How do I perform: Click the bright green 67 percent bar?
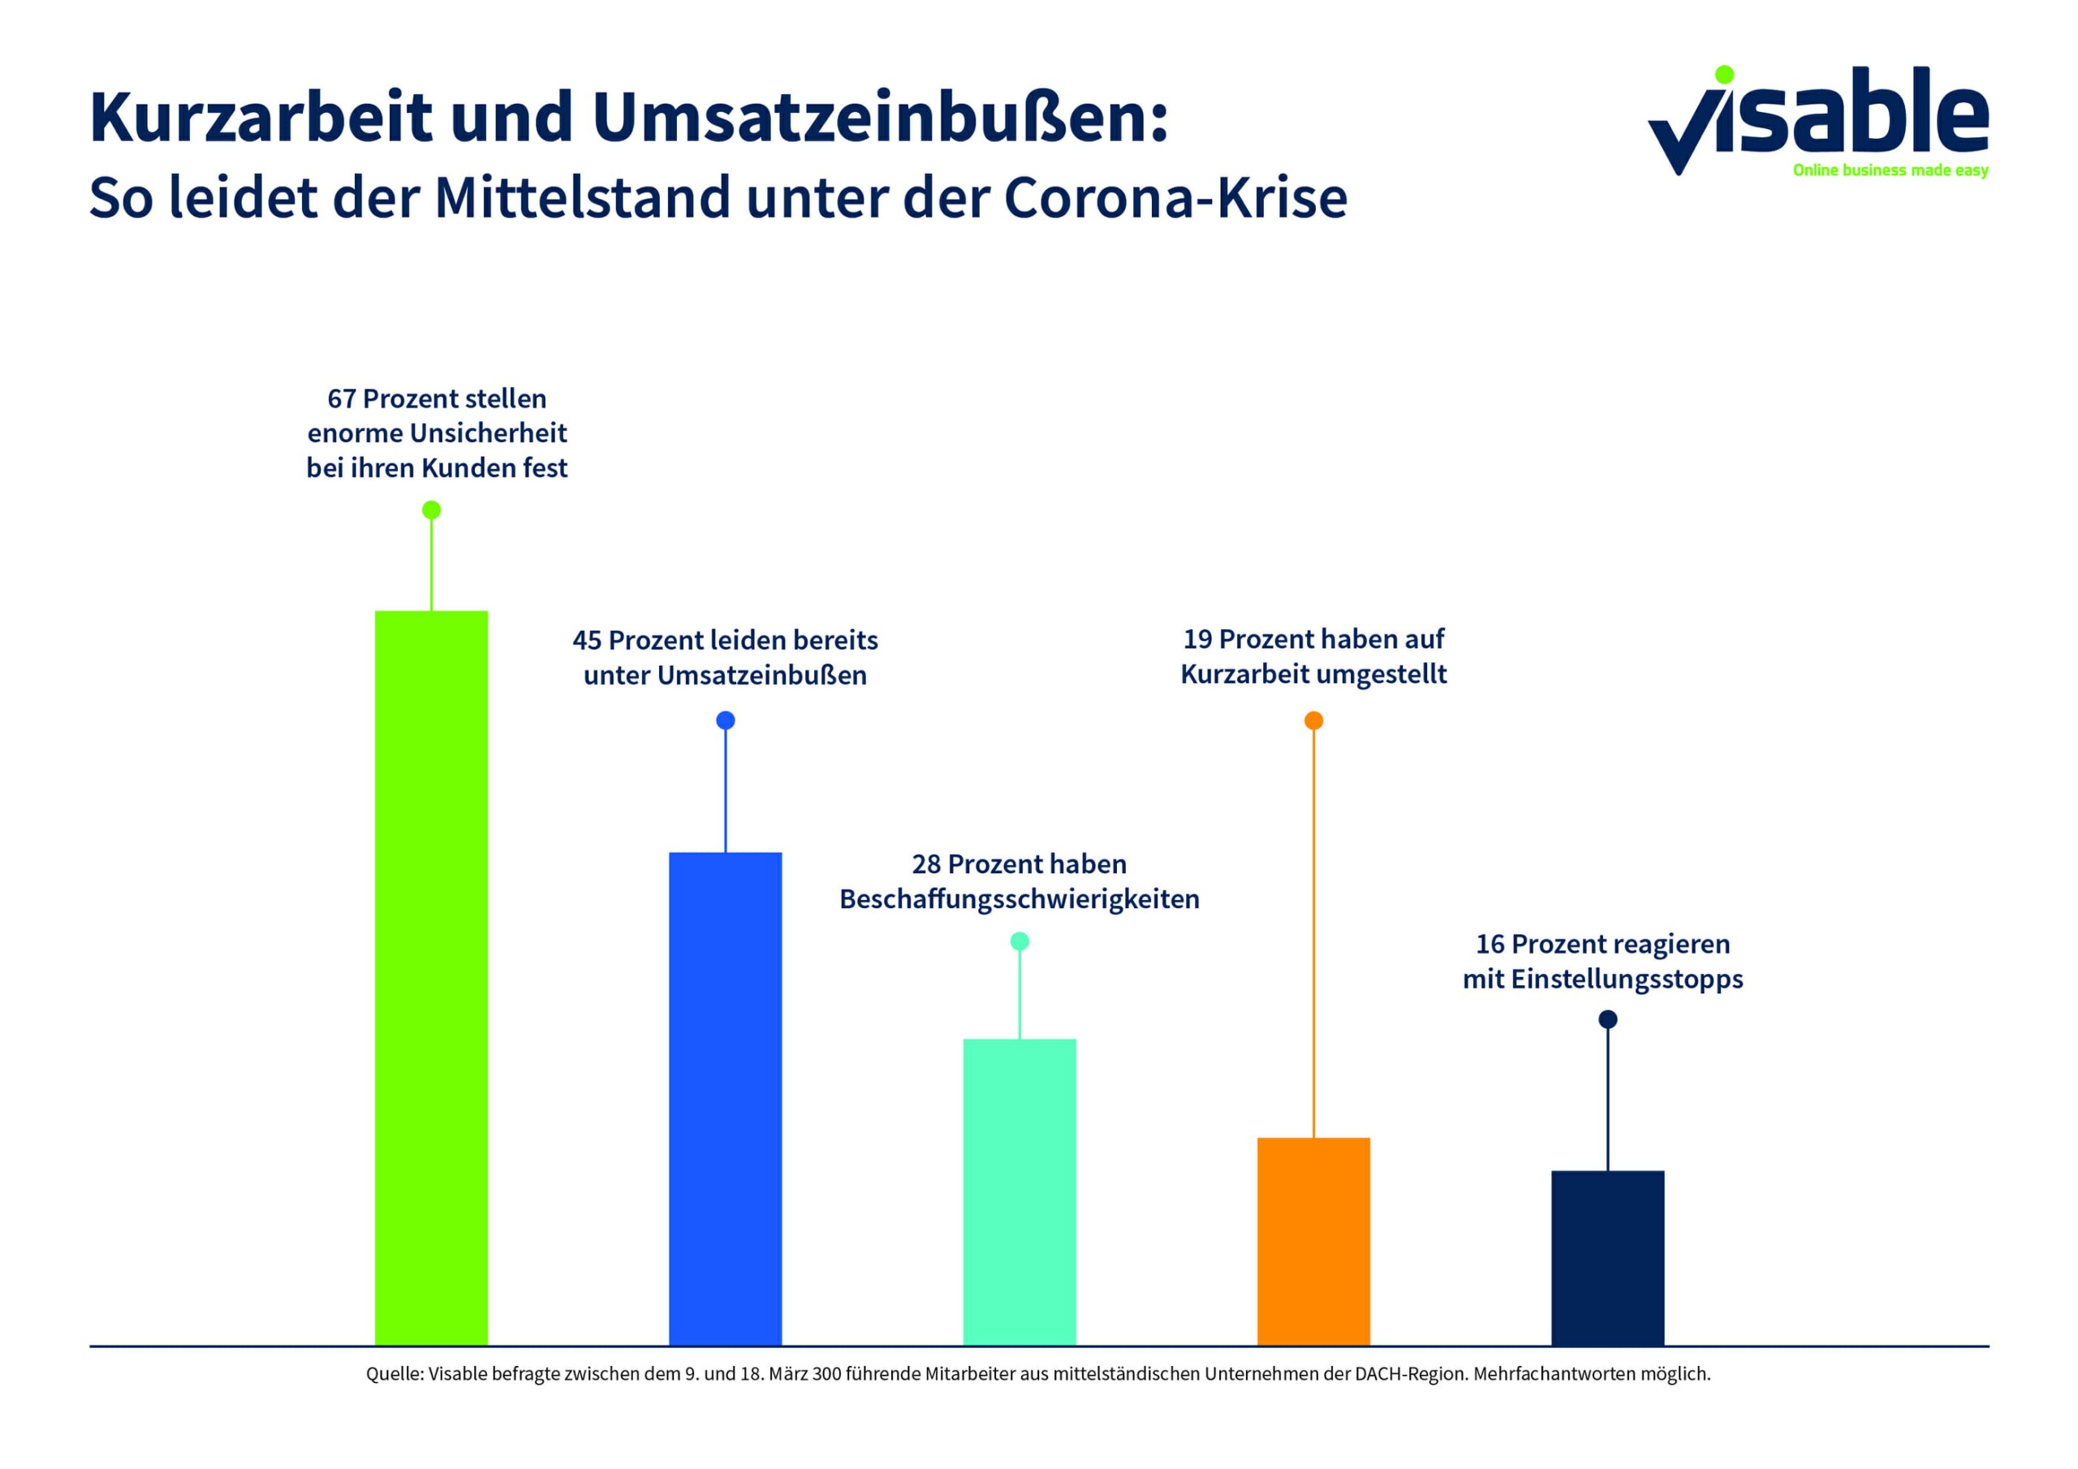coord(431,977)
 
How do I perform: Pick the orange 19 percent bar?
coord(1313,1241)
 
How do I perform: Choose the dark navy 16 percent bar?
coord(1607,1257)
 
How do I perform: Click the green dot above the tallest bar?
coord(432,510)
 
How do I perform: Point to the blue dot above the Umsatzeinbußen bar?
coord(725,721)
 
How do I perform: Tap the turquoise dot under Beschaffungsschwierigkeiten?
coord(1019,941)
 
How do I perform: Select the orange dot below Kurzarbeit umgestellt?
coord(1313,721)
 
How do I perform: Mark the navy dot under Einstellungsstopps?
coord(1607,1019)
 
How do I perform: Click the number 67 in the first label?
coord(341,399)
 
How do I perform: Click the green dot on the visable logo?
coord(1724,74)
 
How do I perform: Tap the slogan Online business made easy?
coord(1890,171)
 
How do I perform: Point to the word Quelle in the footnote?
coord(394,1374)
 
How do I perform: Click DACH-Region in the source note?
coord(1409,1374)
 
